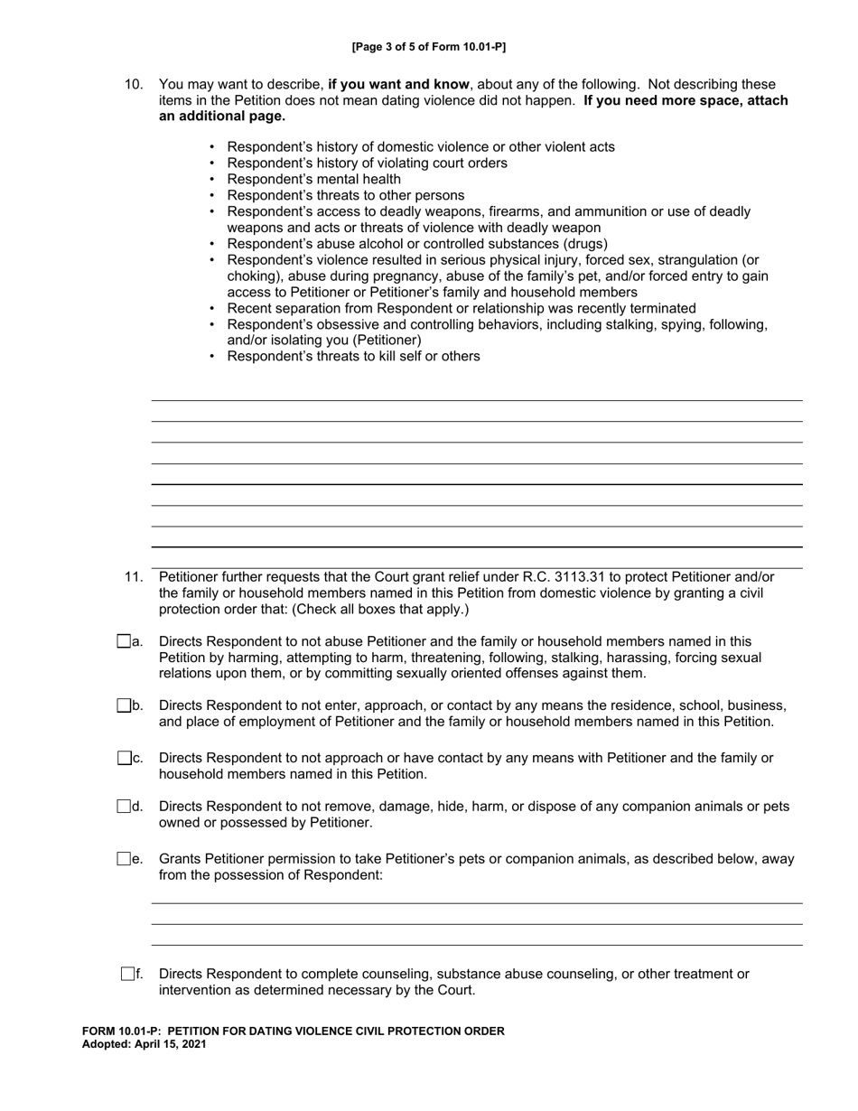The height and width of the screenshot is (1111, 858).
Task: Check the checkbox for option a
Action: [x=124, y=641]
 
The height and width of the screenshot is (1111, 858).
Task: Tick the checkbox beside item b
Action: [x=124, y=705]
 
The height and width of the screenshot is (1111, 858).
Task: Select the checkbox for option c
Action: [x=124, y=758]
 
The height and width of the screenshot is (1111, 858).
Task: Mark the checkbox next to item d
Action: [x=124, y=806]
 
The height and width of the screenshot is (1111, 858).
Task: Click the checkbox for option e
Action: [x=124, y=858]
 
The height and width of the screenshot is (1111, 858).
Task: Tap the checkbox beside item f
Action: [x=127, y=974]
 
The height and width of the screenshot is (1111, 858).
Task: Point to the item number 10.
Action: [x=134, y=84]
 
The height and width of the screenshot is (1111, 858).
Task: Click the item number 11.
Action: [x=134, y=576]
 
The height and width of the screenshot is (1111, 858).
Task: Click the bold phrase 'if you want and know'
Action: [x=398, y=84]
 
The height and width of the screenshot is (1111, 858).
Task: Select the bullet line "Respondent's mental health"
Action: [x=313, y=179]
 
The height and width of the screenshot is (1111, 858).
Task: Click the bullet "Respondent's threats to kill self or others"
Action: [x=353, y=356]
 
